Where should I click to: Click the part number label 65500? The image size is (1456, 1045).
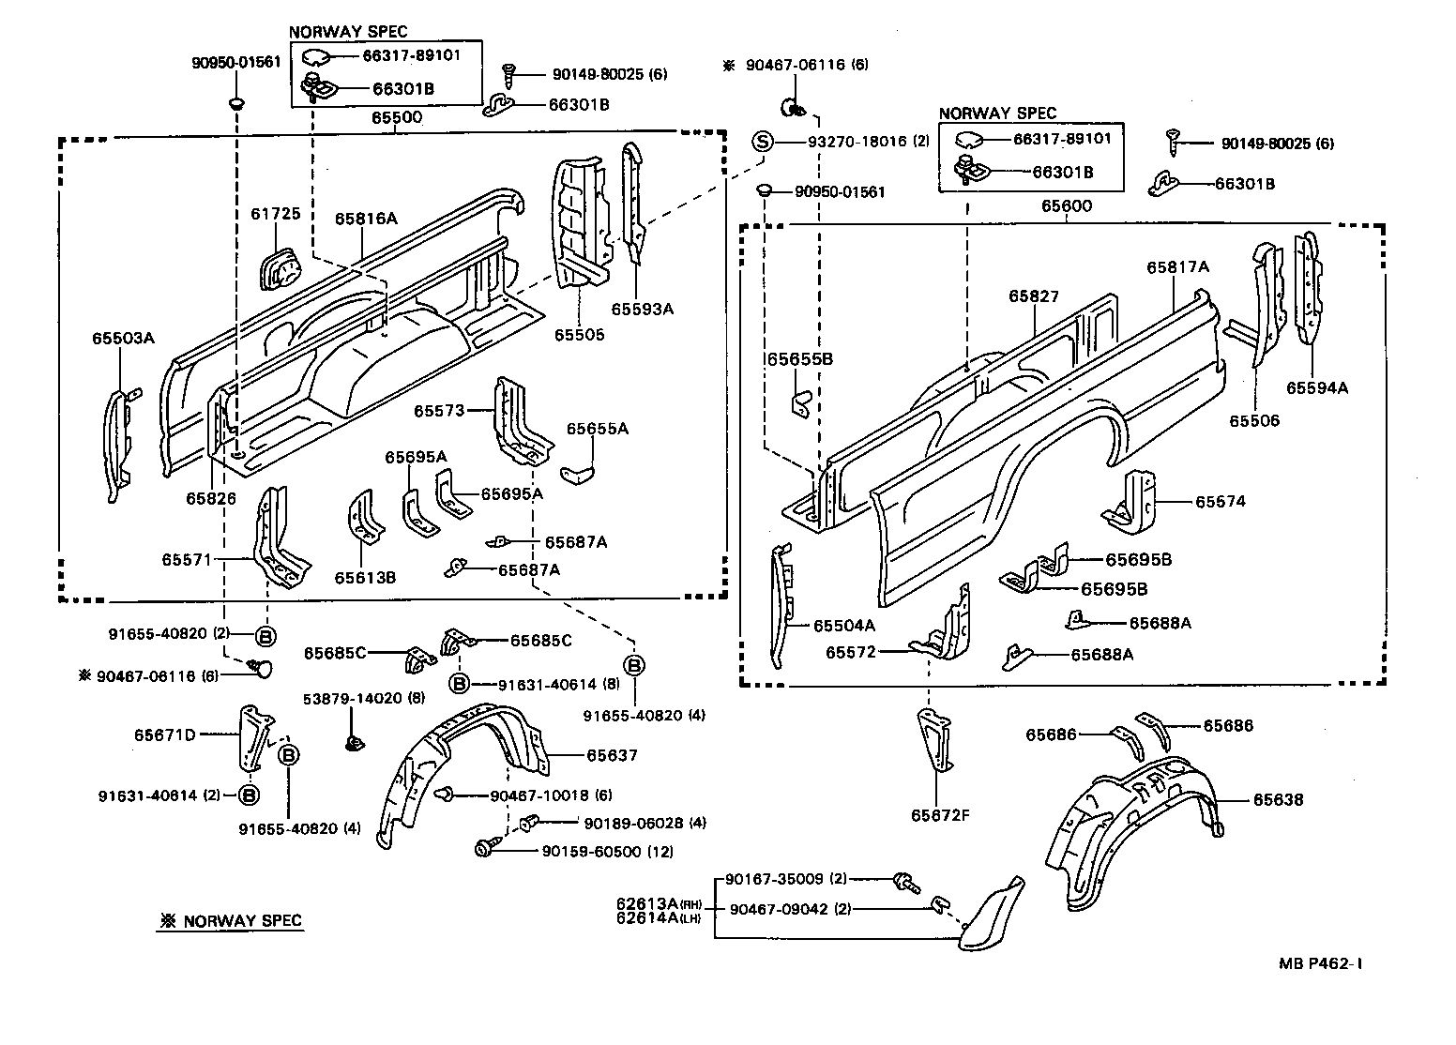[x=396, y=119]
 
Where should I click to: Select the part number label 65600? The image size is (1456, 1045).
[x=1066, y=206]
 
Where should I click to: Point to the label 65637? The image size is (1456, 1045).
[x=612, y=755]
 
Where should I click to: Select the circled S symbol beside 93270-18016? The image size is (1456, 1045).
[x=763, y=142]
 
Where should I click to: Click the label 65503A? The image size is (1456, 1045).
[x=122, y=338]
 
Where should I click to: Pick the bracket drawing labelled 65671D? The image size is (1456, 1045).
[x=252, y=734]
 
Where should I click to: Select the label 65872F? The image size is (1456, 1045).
[x=939, y=814]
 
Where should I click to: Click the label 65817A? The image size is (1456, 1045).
[x=1177, y=267]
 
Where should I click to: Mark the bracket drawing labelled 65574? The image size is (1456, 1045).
[x=1135, y=502]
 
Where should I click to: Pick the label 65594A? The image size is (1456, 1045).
[x=1316, y=387]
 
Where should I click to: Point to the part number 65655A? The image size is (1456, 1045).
[x=597, y=429]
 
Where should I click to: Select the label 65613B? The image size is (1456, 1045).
[x=365, y=577]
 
